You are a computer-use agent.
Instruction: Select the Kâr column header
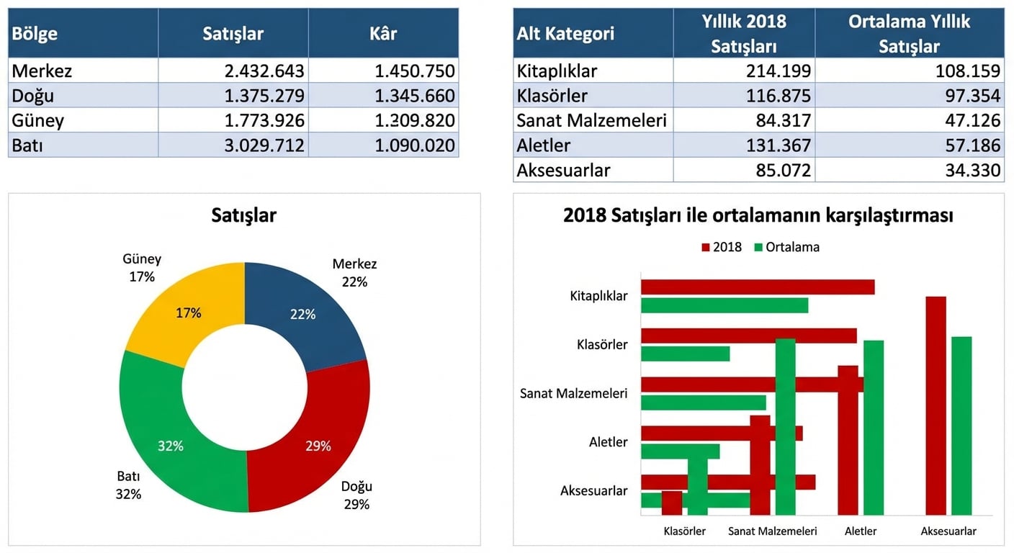[383, 34]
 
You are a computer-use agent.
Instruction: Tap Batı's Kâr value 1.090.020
[414, 145]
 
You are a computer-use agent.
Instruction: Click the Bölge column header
[35, 34]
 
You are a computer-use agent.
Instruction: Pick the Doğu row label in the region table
[33, 96]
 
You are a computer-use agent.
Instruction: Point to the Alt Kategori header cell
[565, 34]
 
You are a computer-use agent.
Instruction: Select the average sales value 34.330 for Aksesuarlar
[972, 170]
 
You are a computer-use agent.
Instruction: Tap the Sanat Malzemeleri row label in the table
[591, 120]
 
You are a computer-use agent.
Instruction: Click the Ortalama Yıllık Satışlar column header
[909, 34]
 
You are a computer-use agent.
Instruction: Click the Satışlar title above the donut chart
[244, 215]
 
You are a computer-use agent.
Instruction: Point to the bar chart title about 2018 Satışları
[758, 215]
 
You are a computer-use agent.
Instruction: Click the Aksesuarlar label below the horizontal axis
[948, 531]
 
